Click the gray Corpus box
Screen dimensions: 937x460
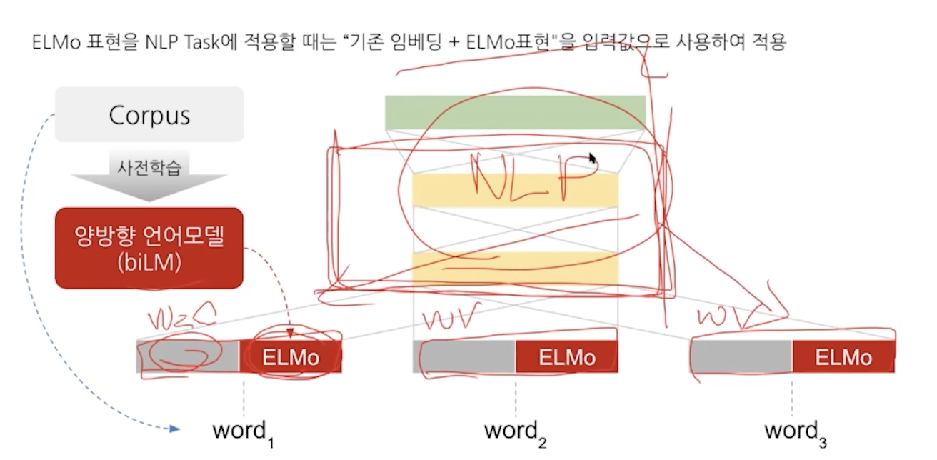click(x=149, y=114)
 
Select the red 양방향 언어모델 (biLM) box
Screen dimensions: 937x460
click(x=149, y=248)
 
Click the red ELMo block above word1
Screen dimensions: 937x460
click(x=291, y=356)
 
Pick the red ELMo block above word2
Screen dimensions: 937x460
click(x=566, y=356)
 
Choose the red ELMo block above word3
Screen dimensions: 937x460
click(x=843, y=356)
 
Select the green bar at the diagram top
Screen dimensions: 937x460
click(x=515, y=112)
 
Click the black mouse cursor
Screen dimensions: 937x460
click(x=593, y=158)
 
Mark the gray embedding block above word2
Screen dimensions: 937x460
click(x=464, y=356)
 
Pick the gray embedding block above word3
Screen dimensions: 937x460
click(x=741, y=356)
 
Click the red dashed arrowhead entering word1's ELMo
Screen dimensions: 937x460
click(x=290, y=333)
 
